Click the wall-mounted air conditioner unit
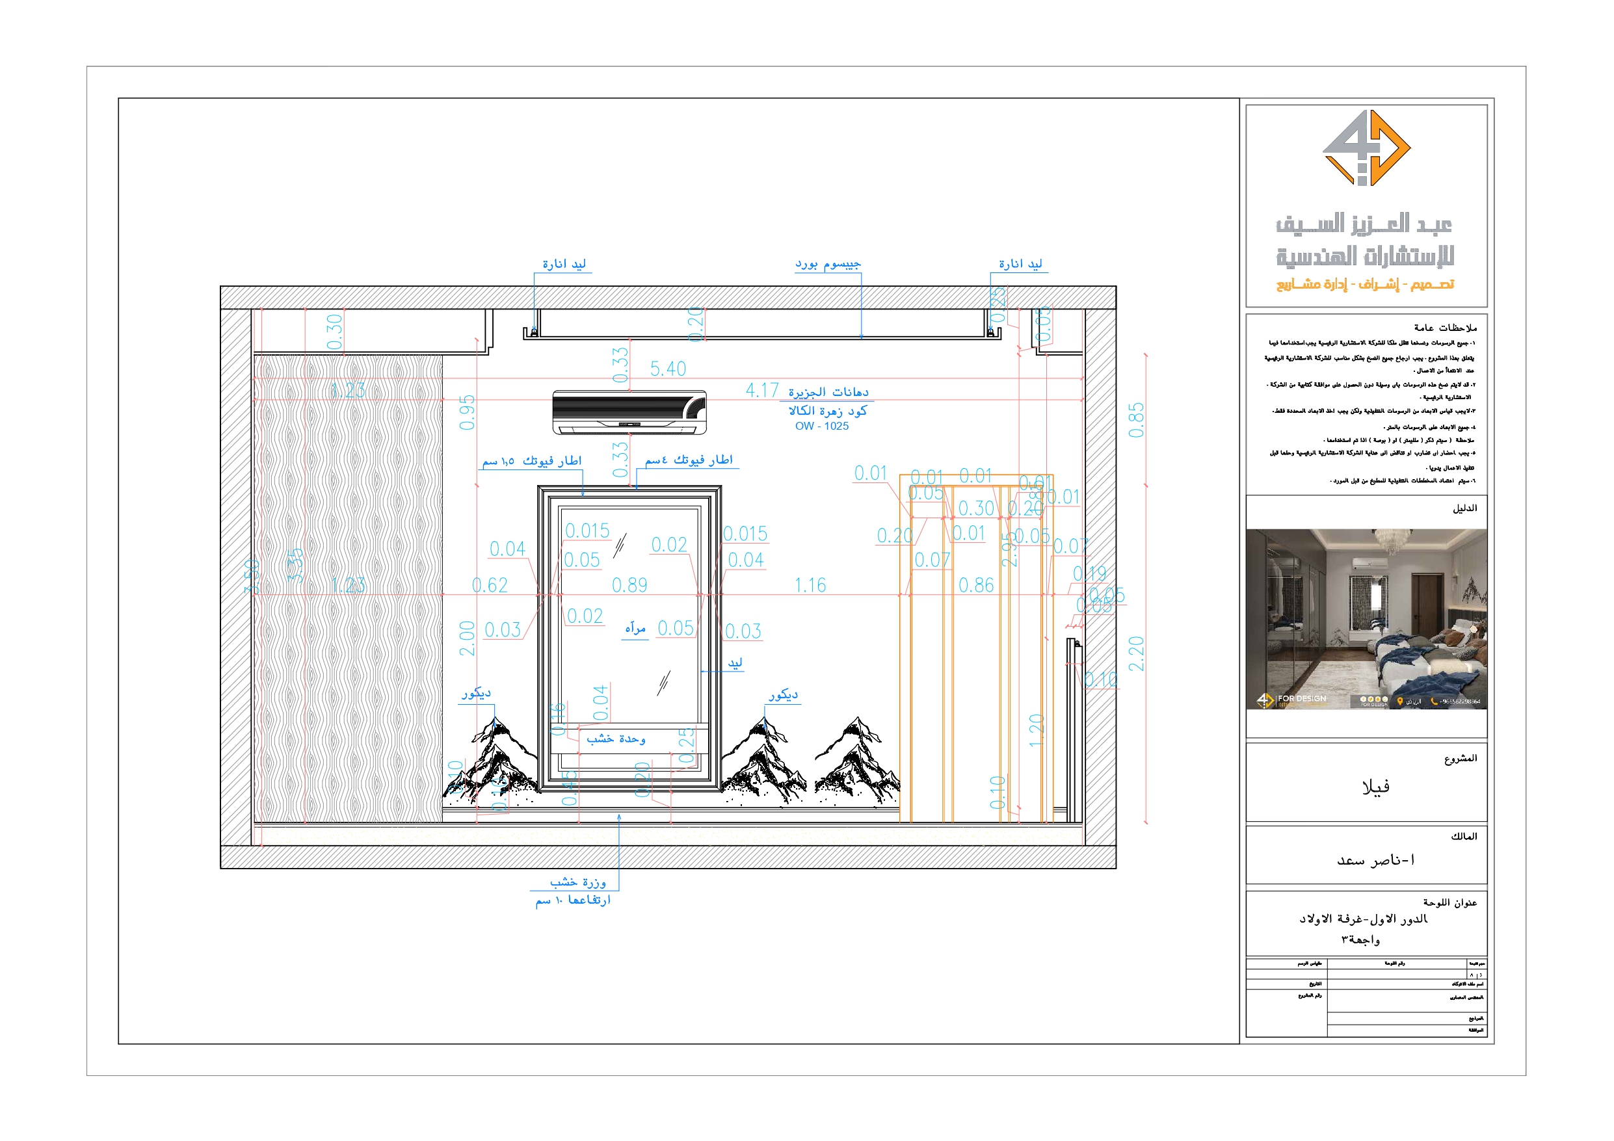(629, 412)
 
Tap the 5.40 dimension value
(667, 369)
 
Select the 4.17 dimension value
(762, 390)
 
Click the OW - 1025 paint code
(822, 426)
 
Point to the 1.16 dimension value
(810, 585)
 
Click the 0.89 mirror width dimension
(629, 585)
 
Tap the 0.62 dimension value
(489, 585)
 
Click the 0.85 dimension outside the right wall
(1136, 421)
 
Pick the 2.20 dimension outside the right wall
(1136, 653)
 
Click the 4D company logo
(1366, 148)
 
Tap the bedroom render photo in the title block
(1366, 619)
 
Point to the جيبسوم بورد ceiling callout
(827, 265)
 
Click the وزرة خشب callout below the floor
(577, 882)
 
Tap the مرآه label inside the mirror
(635, 629)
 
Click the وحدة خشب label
(616, 739)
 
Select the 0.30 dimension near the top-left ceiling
(335, 331)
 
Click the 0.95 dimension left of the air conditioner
(468, 412)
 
